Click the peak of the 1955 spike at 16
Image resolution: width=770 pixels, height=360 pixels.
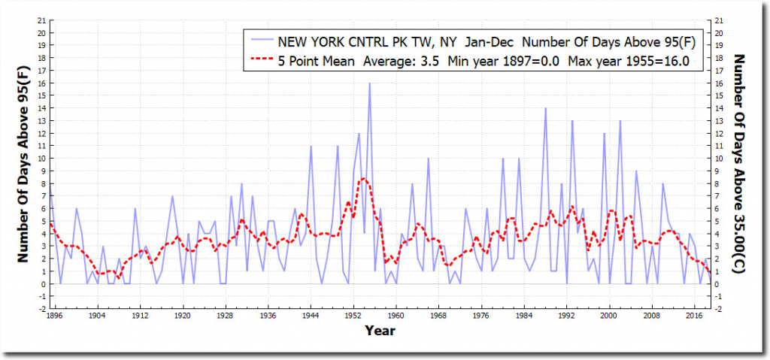[x=369, y=83]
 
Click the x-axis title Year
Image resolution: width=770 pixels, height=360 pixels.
[x=380, y=329]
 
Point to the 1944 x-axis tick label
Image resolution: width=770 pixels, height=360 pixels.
[x=311, y=316]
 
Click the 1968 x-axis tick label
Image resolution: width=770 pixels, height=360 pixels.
[x=440, y=316]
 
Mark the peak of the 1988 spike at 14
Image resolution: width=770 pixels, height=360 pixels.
[x=546, y=108]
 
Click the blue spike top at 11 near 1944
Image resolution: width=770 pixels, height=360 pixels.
[x=311, y=146]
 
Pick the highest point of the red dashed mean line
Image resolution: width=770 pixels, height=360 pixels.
[x=363, y=178]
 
